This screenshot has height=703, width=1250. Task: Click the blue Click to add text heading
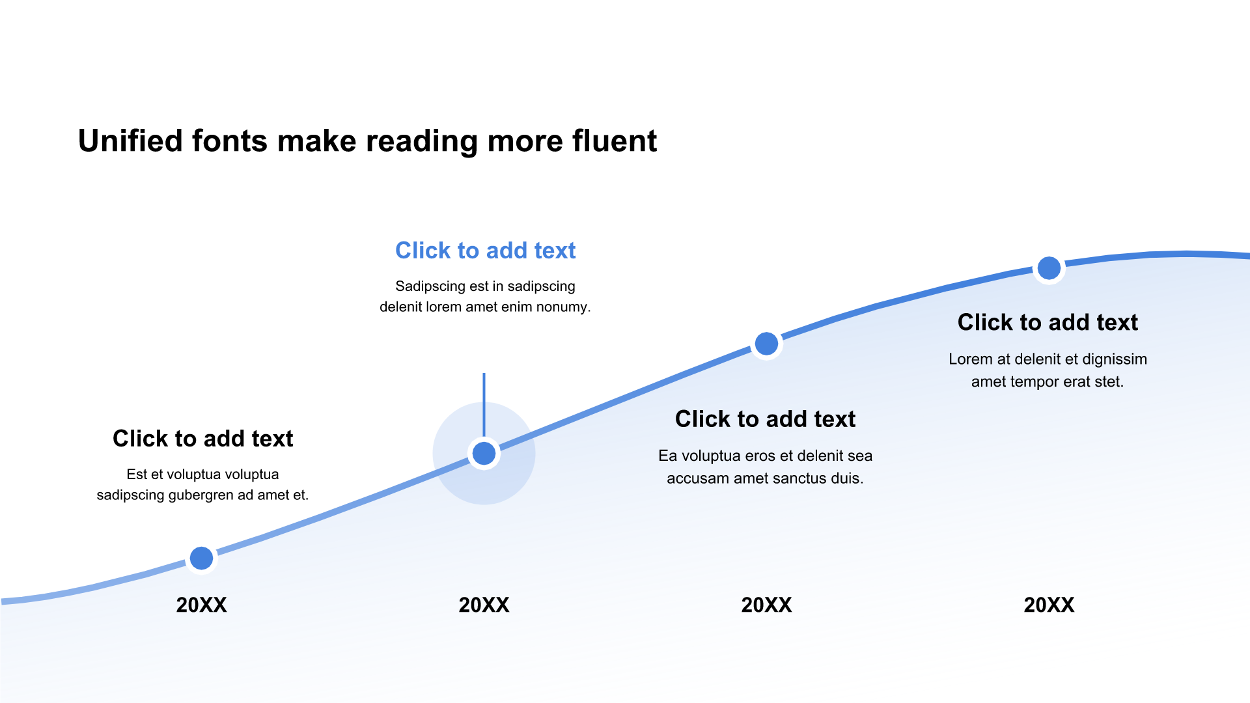click(x=485, y=251)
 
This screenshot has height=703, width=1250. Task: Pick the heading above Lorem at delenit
click(x=1048, y=322)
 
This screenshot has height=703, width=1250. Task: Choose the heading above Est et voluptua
click(x=202, y=439)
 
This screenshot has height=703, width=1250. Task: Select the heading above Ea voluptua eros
click(x=765, y=419)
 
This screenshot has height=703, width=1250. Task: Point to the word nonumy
click(x=563, y=307)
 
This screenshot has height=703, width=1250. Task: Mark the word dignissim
click(x=1115, y=359)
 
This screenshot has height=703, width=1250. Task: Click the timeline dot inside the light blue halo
click(x=484, y=454)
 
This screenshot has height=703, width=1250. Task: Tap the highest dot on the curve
click(x=1049, y=268)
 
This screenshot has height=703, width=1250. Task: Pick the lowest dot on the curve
click(x=201, y=558)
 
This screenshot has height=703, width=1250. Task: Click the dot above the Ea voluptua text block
click(x=766, y=344)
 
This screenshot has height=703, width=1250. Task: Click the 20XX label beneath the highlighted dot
click(x=484, y=605)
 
